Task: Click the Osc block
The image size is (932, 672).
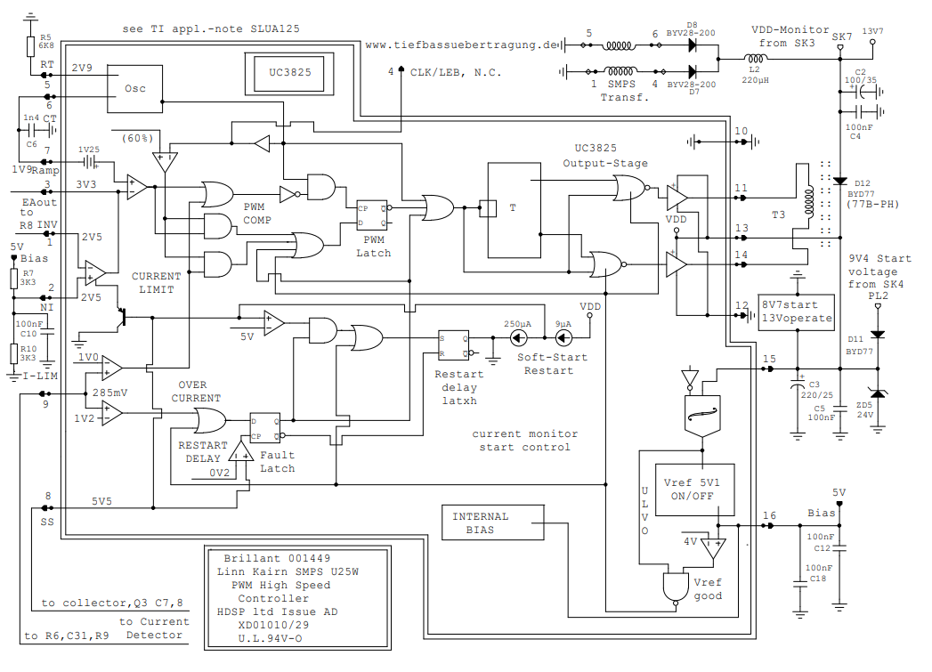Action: pyautogui.click(x=135, y=88)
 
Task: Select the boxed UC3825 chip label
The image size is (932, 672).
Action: pyautogui.click(x=283, y=73)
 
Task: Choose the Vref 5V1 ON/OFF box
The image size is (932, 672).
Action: pyautogui.click(x=695, y=490)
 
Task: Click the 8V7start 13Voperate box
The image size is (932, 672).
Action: pyautogui.click(x=797, y=312)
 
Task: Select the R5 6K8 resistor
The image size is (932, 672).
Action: pyautogui.click(x=32, y=44)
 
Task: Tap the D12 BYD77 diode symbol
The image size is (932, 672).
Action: pyautogui.click(x=839, y=181)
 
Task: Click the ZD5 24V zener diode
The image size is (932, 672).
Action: pyautogui.click(x=879, y=393)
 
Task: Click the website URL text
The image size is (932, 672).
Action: pyautogui.click(x=460, y=44)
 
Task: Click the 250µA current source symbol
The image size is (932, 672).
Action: pyautogui.click(x=517, y=338)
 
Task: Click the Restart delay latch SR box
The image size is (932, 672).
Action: pyautogui.click(x=452, y=344)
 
